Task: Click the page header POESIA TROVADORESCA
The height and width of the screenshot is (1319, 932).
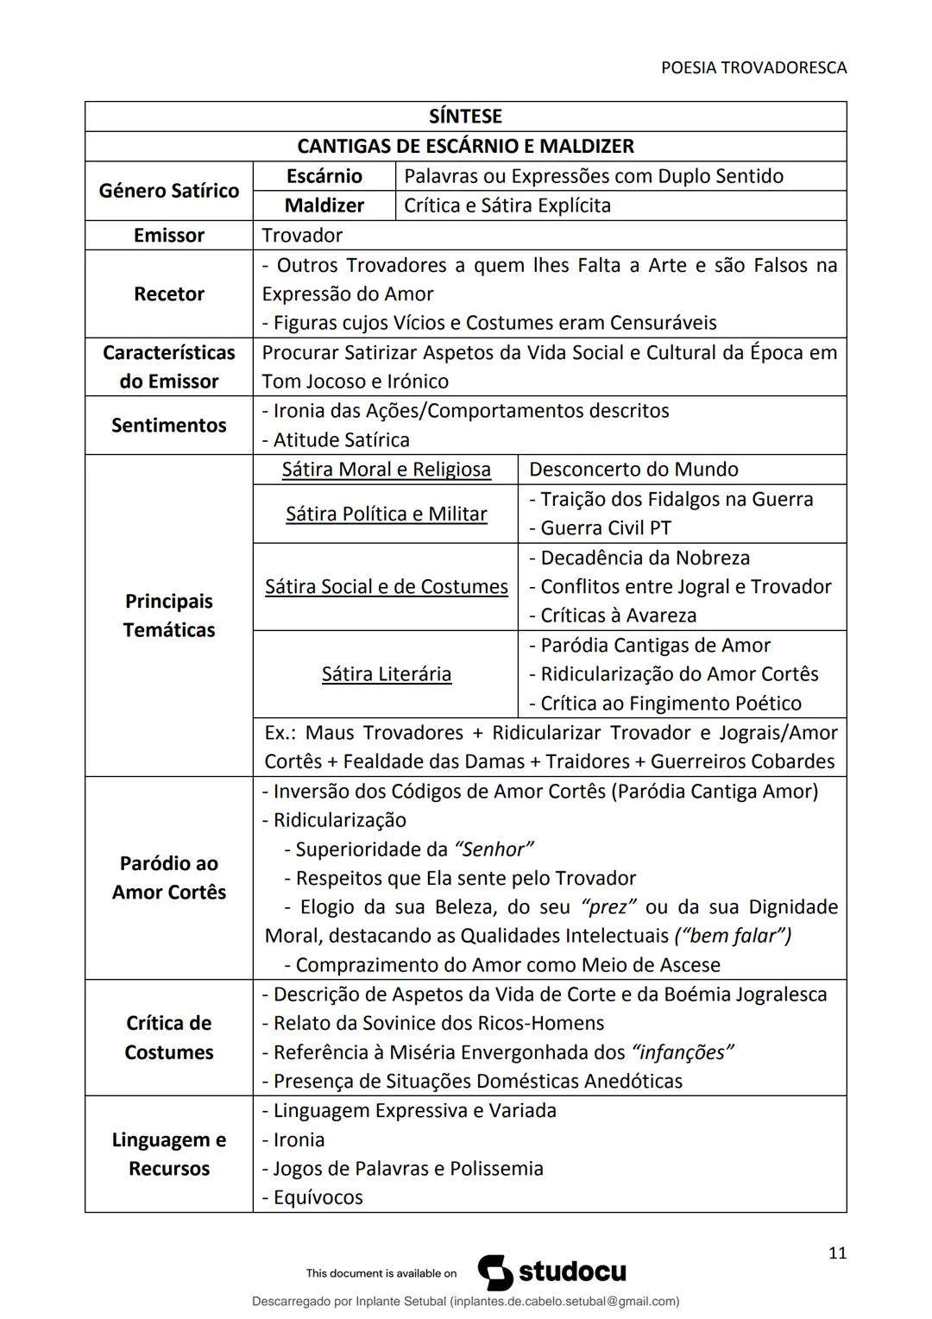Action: click(x=753, y=67)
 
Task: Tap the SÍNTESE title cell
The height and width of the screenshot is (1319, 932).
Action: click(x=465, y=117)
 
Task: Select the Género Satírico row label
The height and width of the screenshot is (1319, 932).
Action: click(x=169, y=191)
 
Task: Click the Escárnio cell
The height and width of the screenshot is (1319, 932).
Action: click(x=324, y=176)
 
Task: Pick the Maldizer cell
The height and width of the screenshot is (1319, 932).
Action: click(x=324, y=205)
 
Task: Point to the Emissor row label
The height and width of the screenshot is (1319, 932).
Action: click(x=169, y=236)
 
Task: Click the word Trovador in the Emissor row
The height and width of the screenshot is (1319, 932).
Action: click(x=302, y=236)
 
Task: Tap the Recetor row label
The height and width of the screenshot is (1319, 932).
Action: click(x=169, y=293)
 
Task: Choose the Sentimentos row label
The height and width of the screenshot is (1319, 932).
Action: click(x=169, y=425)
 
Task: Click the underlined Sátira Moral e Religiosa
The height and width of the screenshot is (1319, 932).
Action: click(x=386, y=470)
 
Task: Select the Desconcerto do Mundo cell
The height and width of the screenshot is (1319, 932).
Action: click(x=633, y=470)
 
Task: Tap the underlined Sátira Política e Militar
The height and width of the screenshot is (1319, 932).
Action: click(x=386, y=514)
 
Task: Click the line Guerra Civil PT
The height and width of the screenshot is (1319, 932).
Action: click(x=605, y=528)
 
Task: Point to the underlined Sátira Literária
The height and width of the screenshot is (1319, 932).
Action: click(x=386, y=674)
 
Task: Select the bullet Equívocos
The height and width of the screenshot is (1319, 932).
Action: click(x=317, y=1197)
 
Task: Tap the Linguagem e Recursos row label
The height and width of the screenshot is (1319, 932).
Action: click(x=169, y=1154)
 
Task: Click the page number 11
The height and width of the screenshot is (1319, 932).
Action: click(x=837, y=1253)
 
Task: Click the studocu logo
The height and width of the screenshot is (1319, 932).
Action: click(x=552, y=1272)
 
